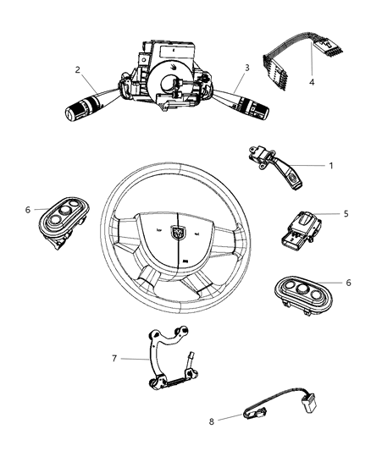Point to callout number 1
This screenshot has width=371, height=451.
(x=329, y=165)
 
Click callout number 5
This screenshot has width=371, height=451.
(x=346, y=214)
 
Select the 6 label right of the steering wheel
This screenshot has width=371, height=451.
(x=348, y=283)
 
